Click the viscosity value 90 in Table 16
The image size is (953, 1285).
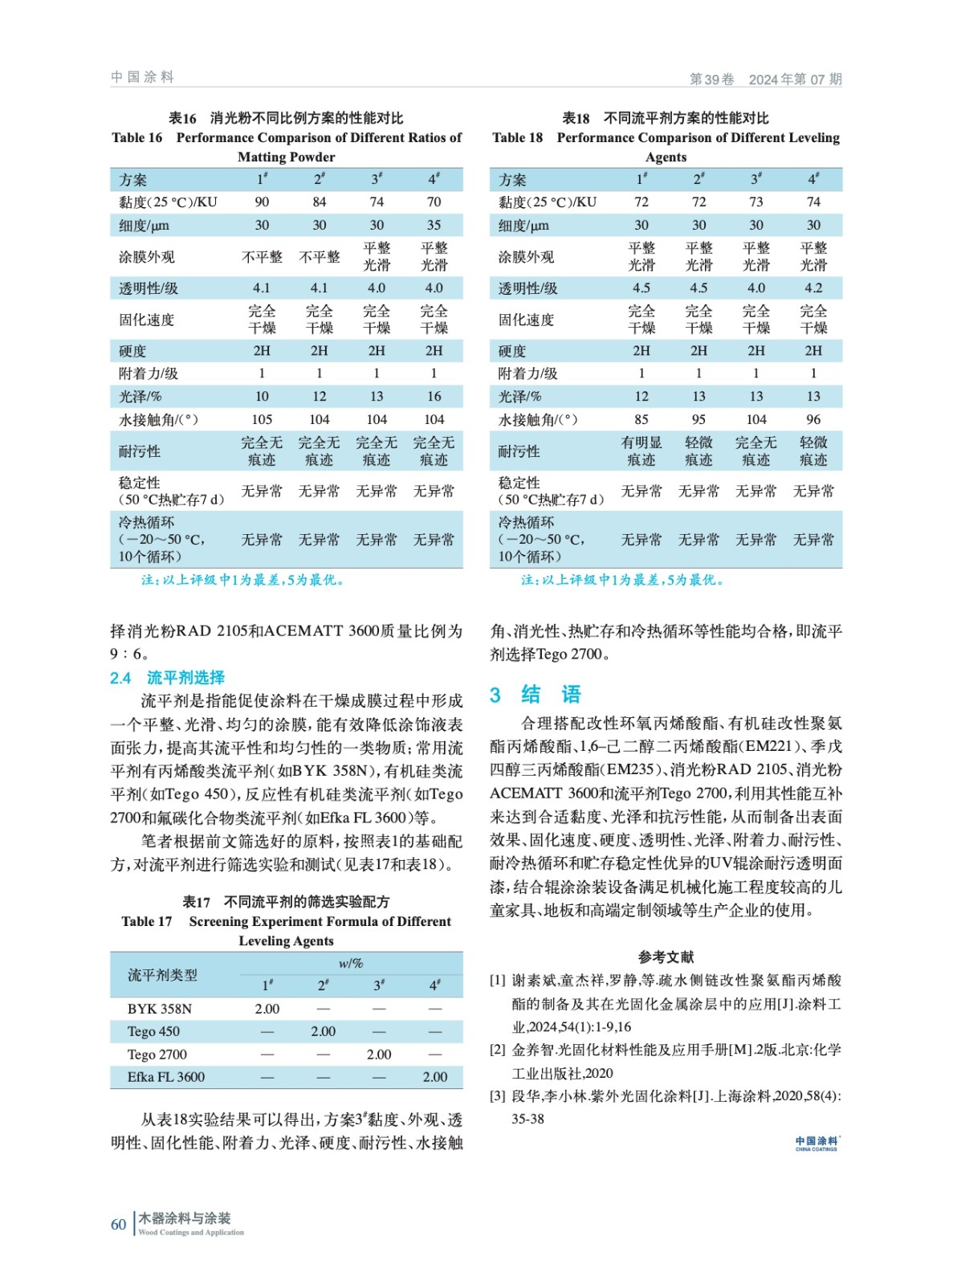point(262,202)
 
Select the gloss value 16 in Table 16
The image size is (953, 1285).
point(434,396)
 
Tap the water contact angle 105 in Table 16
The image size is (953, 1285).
point(262,419)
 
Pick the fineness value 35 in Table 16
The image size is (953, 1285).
point(434,225)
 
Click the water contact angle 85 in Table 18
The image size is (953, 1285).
point(641,419)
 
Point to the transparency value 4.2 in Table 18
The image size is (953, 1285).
point(813,288)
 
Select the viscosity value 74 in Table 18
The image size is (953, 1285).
point(813,202)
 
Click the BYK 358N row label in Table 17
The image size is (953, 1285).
point(160,1009)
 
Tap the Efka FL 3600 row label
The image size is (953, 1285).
point(166,1077)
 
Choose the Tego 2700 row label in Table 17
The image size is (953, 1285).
point(157,1055)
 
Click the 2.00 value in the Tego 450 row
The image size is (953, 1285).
point(324,1031)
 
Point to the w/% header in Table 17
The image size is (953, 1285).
point(351,963)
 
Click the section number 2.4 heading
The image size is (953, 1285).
point(120,678)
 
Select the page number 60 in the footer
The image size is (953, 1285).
point(118,1224)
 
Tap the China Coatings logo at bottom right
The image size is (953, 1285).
point(817,1143)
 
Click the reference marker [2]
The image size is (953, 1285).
point(498,1050)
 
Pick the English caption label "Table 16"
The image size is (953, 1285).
point(137,137)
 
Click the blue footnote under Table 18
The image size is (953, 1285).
point(623,580)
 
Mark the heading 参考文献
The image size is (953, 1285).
point(666,957)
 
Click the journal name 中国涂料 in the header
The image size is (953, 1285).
point(142,77)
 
